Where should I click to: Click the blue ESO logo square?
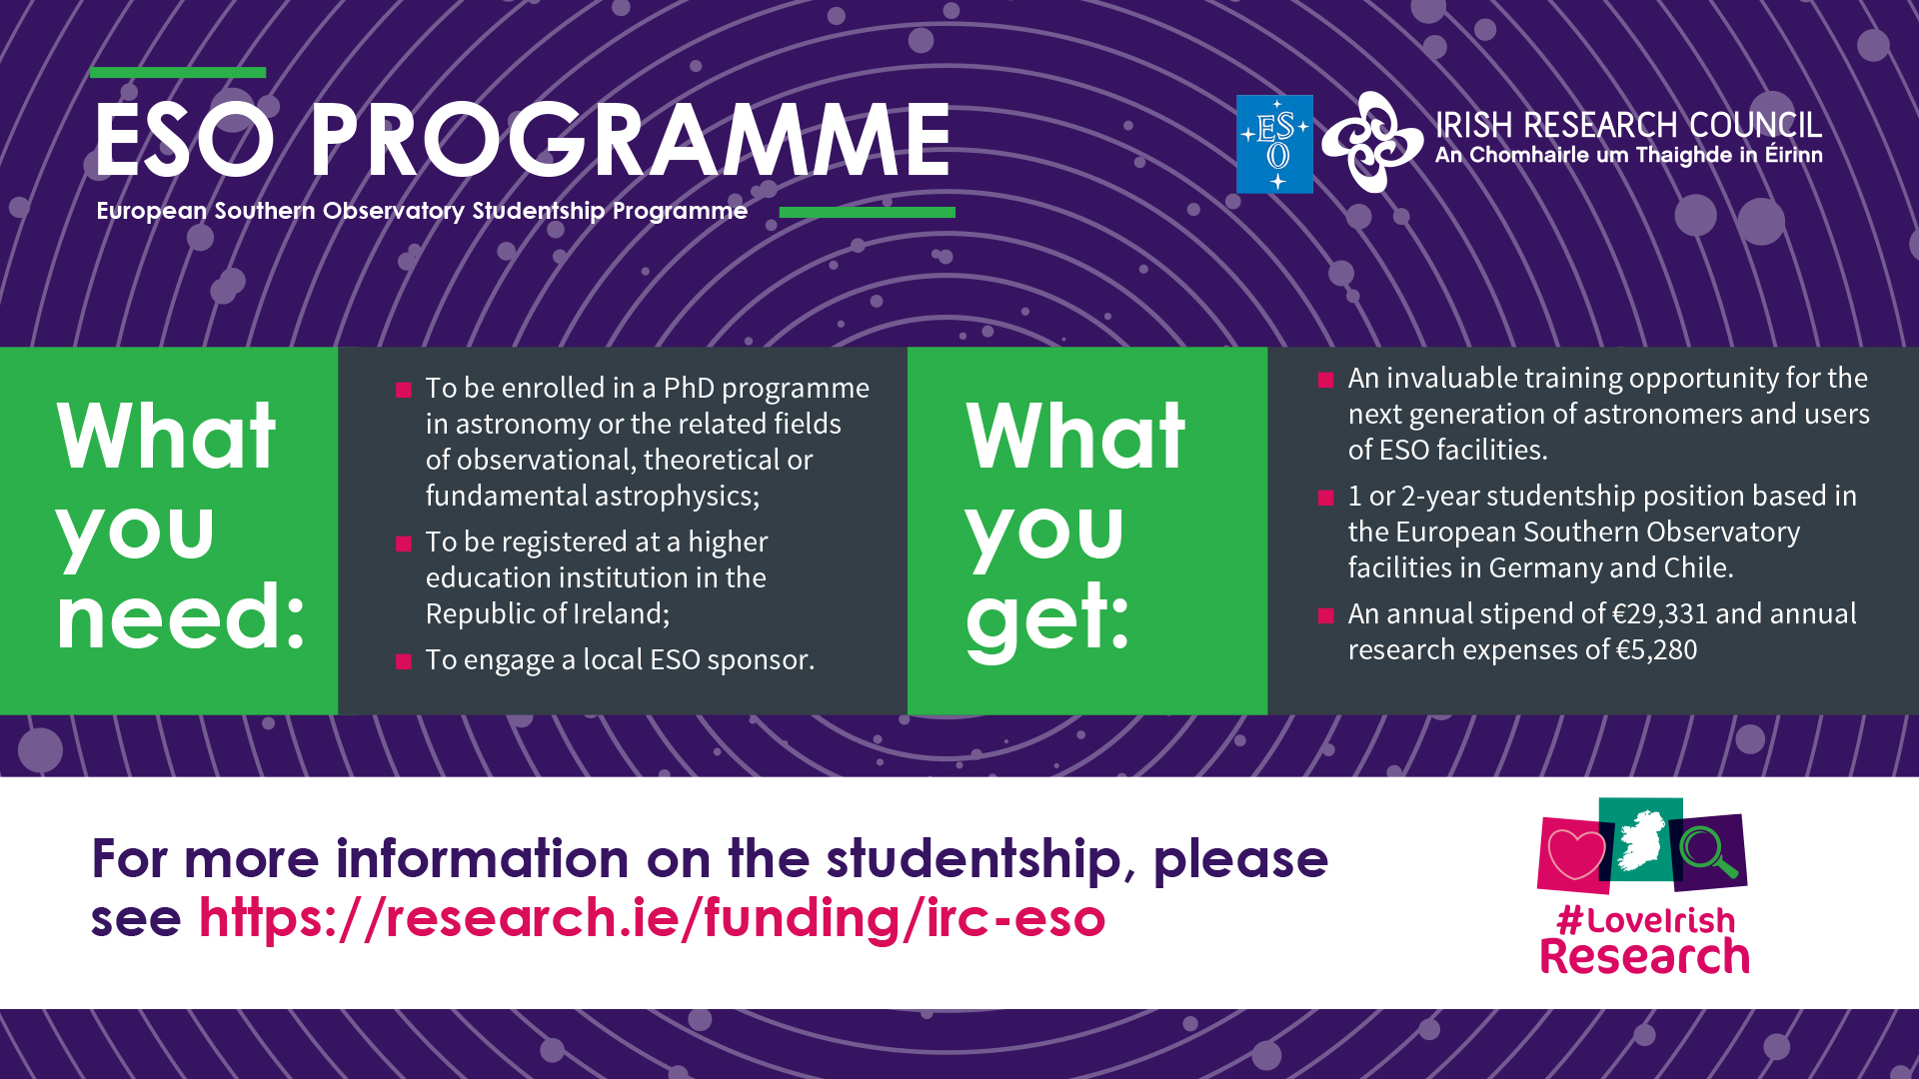coord(1274,144)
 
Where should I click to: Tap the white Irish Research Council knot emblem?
coord(1372,142)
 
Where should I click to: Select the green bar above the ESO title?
coord(178,72)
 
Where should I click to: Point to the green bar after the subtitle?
coord(867,212)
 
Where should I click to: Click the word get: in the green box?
coord(1047,617)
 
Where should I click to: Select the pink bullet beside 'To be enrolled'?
coord(404,390)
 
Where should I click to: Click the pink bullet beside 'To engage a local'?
coord(404,661)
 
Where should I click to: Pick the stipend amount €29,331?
coord(1660,614)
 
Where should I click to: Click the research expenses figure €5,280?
coord(1656,650)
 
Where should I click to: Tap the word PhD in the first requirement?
coord(689,388)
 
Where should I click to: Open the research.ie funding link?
coord(652,918)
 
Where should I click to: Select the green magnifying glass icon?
coord(1708,851)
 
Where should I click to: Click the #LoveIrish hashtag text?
coord(1646,920)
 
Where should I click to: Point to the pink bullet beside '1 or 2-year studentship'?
coord(1326,498)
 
